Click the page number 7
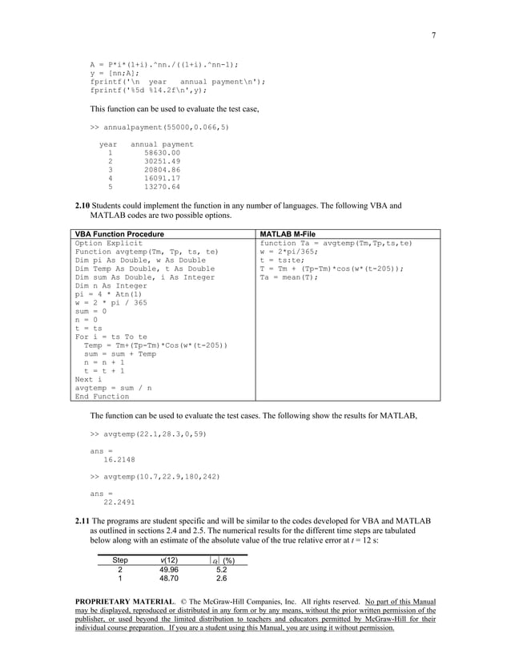pos(433,35)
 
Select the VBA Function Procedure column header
pos(119,233)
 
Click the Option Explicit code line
pos(109,242)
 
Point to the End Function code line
pos(102,396)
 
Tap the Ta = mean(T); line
pos(289,277)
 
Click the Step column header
pos(120,559)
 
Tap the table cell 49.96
pos(169,568)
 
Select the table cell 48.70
pos(169,577)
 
